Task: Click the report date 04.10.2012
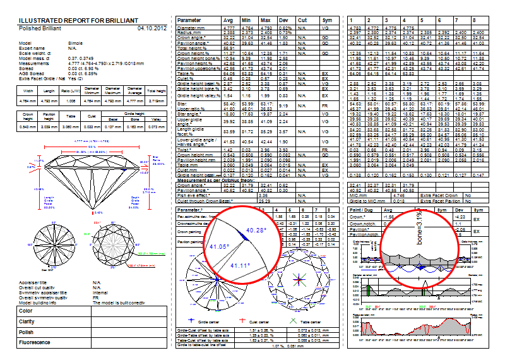tap(151, 28)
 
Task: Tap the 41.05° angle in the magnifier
tap(222, 246)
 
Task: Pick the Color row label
tap(26, 311)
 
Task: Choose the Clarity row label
tap(27, 321)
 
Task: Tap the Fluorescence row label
tap(35, 342)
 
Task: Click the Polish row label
tap(27, 332)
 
